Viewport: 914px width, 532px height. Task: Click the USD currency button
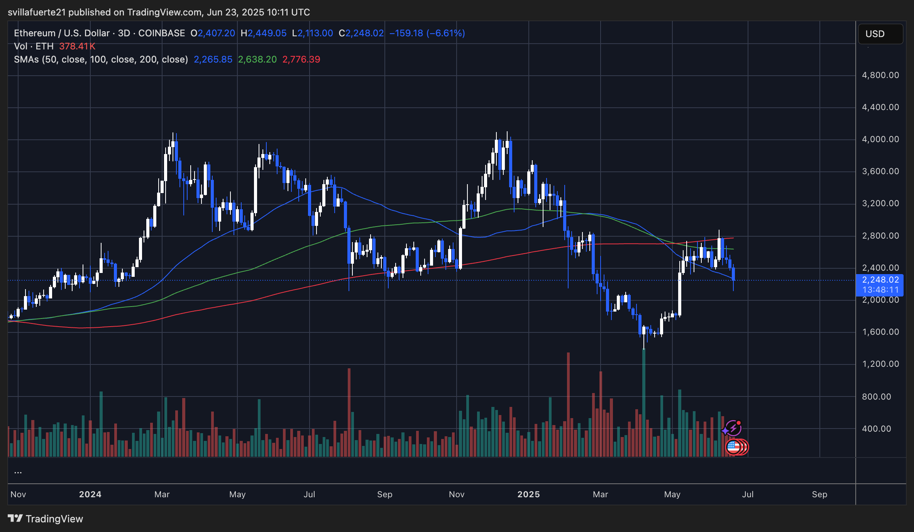880,34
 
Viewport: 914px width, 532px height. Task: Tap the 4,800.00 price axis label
880,75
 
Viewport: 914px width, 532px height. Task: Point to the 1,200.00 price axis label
880,364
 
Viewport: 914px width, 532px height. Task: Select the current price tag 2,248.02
880,280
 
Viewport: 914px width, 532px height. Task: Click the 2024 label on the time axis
90,495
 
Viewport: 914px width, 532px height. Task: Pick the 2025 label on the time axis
528,495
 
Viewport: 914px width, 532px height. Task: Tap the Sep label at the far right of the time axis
819,495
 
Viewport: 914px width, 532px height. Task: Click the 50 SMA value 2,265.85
213,59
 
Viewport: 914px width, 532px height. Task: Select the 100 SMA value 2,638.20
257,59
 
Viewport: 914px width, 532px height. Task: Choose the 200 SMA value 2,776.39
301,59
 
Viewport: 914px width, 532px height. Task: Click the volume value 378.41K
77,46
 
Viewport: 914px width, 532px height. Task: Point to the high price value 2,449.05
267,33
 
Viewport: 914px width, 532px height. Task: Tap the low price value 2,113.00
315,33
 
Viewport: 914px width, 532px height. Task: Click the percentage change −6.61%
446,33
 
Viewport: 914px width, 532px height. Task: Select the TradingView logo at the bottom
46,518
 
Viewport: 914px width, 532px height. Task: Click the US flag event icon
733,447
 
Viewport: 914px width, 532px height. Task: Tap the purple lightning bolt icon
733,428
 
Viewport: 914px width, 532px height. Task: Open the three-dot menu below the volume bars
18,472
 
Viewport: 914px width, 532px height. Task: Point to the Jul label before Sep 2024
309,495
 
